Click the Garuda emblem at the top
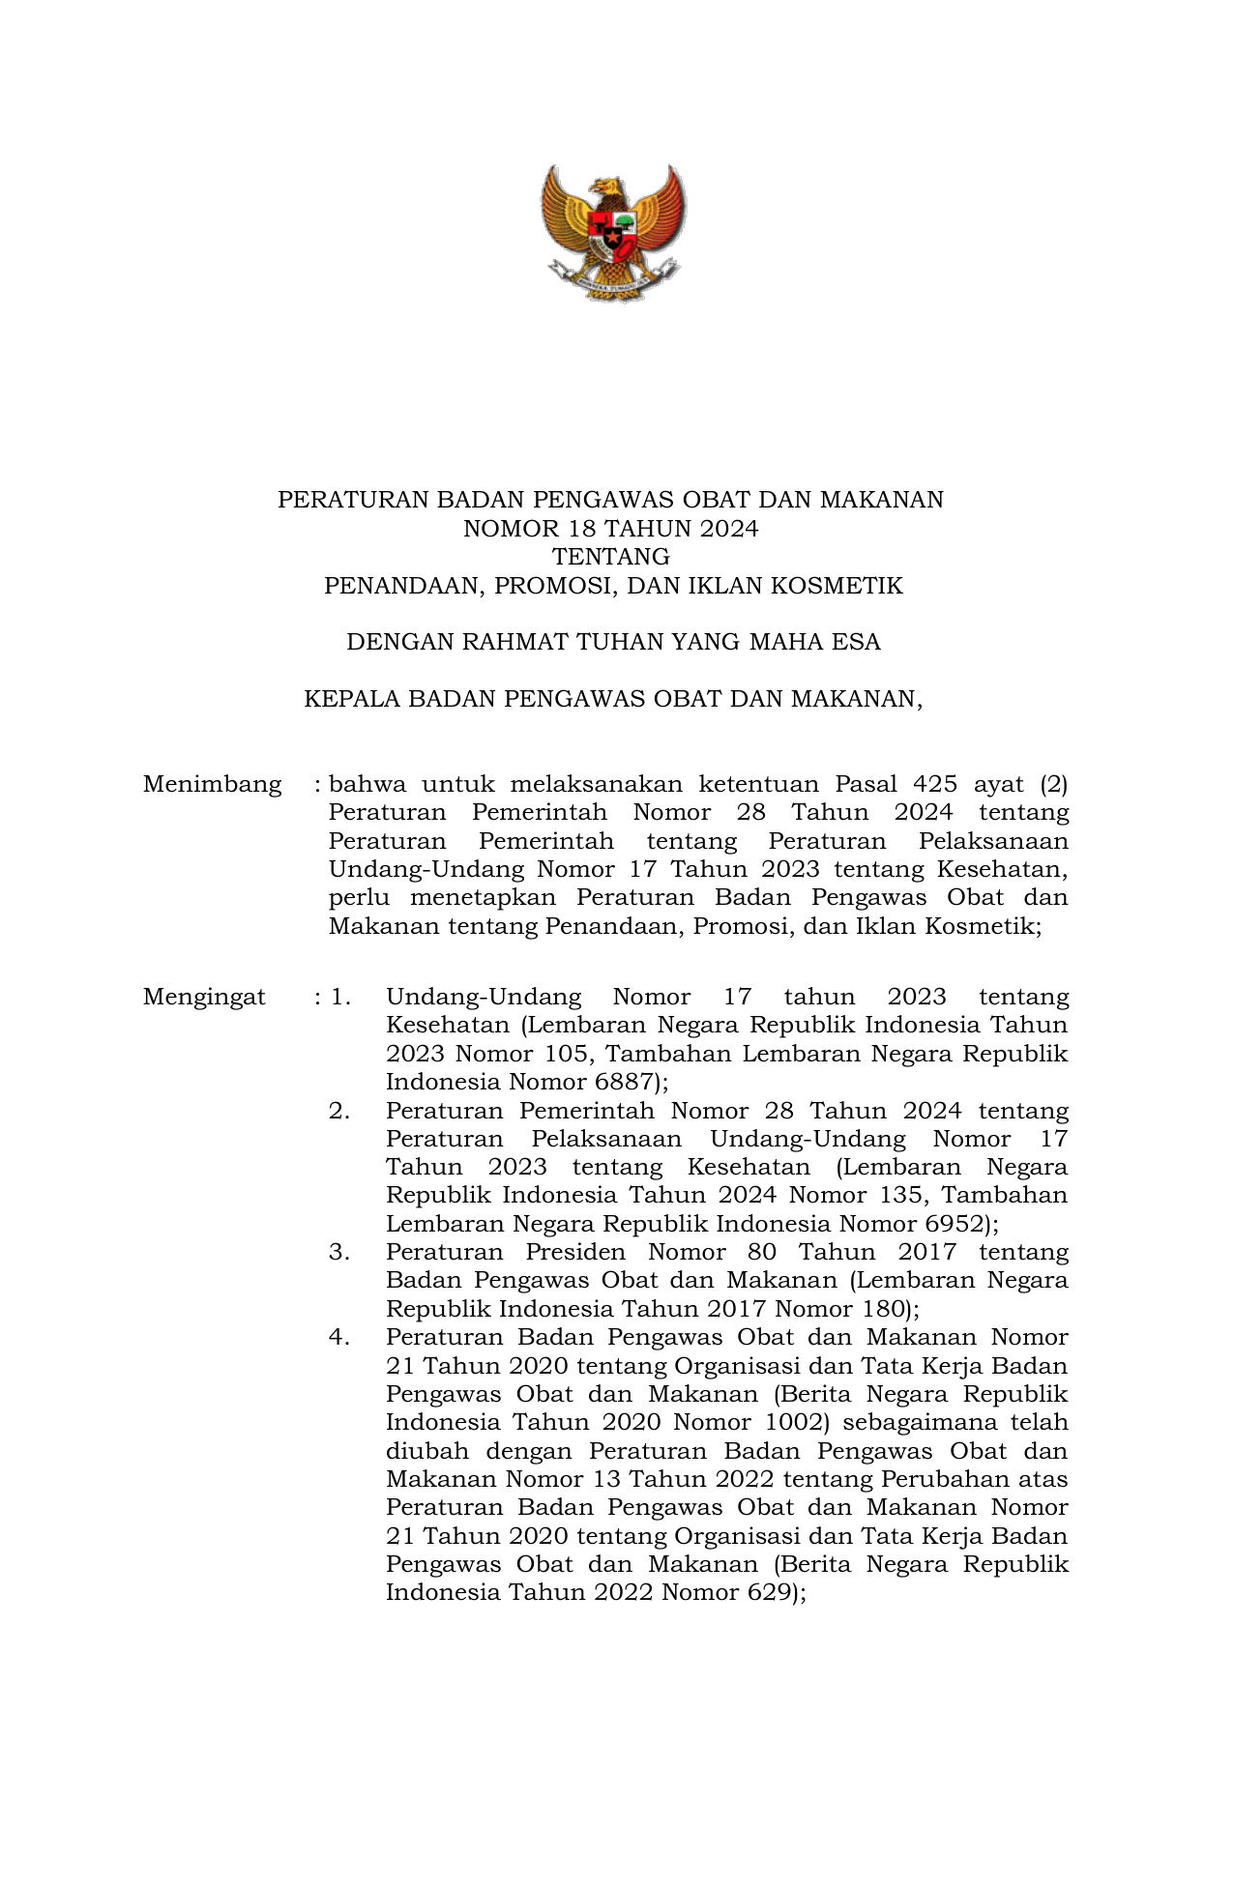click(612, 233)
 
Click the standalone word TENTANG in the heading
click(610, 557)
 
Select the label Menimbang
click(213, 784)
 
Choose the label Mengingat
click(204, 997)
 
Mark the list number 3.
click(338, 1252)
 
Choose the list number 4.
click(338, 1337)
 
